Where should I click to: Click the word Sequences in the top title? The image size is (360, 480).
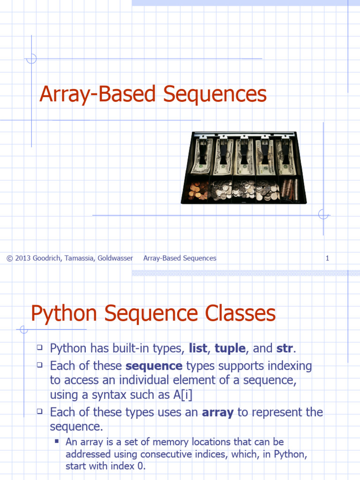[x=215, y=94]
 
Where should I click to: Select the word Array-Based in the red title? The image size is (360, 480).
[x=97, y=94]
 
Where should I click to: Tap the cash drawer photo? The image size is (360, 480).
[x=244, y=167]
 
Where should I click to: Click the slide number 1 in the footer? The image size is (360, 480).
[x=328, y=258]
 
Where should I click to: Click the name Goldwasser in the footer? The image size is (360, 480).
[x=115, y=258]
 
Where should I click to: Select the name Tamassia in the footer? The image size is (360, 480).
[x=79, y=258]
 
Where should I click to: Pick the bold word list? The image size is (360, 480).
[x=197, y=349]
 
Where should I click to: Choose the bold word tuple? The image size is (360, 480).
[x=230, y=349]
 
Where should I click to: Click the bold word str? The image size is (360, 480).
[x=285, y=349]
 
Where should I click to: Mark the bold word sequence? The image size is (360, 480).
[x=154, y=366]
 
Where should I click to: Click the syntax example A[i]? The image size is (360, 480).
[x=183, y=395]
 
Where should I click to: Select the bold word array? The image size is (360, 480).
[x=217, y=412]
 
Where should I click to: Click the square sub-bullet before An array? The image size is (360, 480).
[x=57, y=442]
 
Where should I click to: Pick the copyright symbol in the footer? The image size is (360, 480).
[x=9, y=258]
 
